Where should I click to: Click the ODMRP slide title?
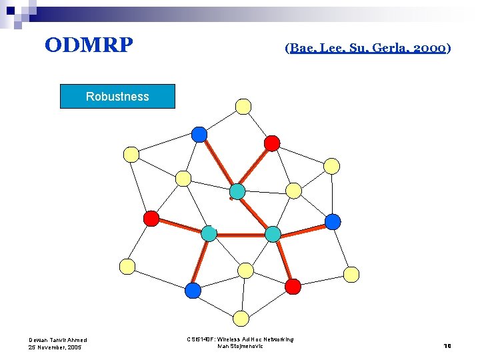pyautogui.click(x=89, y=45)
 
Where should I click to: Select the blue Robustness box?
pyautogui.click(x=117, y=96)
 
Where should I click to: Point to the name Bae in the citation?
pyautogui.click(x=304, y=49)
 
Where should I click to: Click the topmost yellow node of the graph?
pyautogui.click(x=243, y=106)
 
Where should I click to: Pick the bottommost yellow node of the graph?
pyautogui.click(x=242, y=318)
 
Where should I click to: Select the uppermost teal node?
pyautogui.click(x=237, y=192)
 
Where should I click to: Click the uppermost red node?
pyautogui.click(x=272, y=143)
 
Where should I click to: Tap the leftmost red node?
pyautogui.click(x=151, y=218)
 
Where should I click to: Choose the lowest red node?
pyautogui.click(x=293, y=286)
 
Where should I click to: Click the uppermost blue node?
pyautogui.click(x=199, y=134)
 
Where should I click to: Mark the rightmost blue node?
pyautogui.click(x=333, y=221)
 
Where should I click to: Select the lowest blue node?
pyautogui.click(x=193, y=291)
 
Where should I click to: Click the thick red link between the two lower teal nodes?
pyautogui.click(x=241, y=235)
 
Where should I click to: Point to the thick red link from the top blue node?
pyautogui.click(x=217, y=162)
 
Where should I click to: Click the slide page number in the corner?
pyautogui.click(x=448, y=345)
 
